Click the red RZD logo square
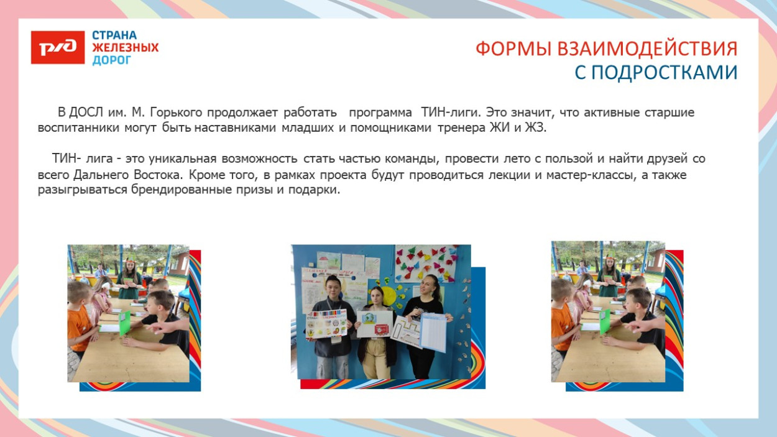pos(57,48)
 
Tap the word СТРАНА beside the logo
pos(114,35)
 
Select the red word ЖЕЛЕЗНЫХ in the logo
pos(125,48)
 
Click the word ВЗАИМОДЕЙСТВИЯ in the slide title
pos(637,49)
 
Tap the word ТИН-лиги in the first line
pos(449,113)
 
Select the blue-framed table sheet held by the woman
pos(434,333)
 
